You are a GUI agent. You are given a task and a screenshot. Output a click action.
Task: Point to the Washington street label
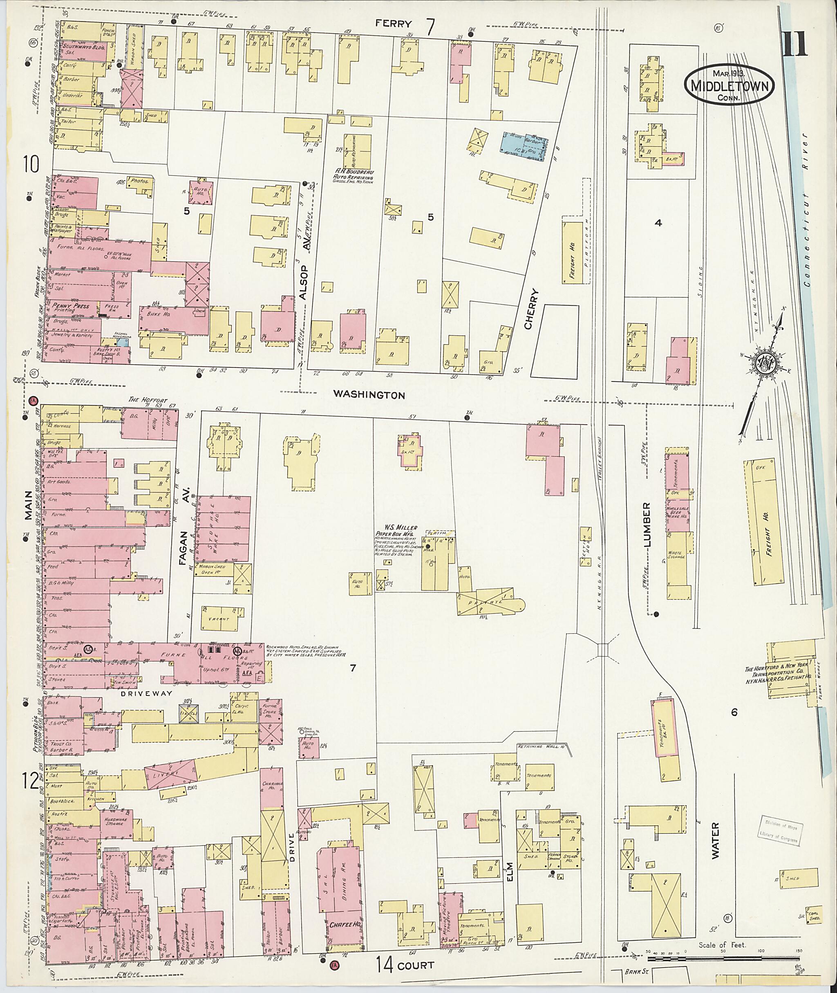(x=369, y=395)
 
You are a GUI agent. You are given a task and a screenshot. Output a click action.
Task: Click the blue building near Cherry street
(x=524, y=143)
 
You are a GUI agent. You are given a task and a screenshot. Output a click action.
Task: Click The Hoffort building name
(x=148, y=400)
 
